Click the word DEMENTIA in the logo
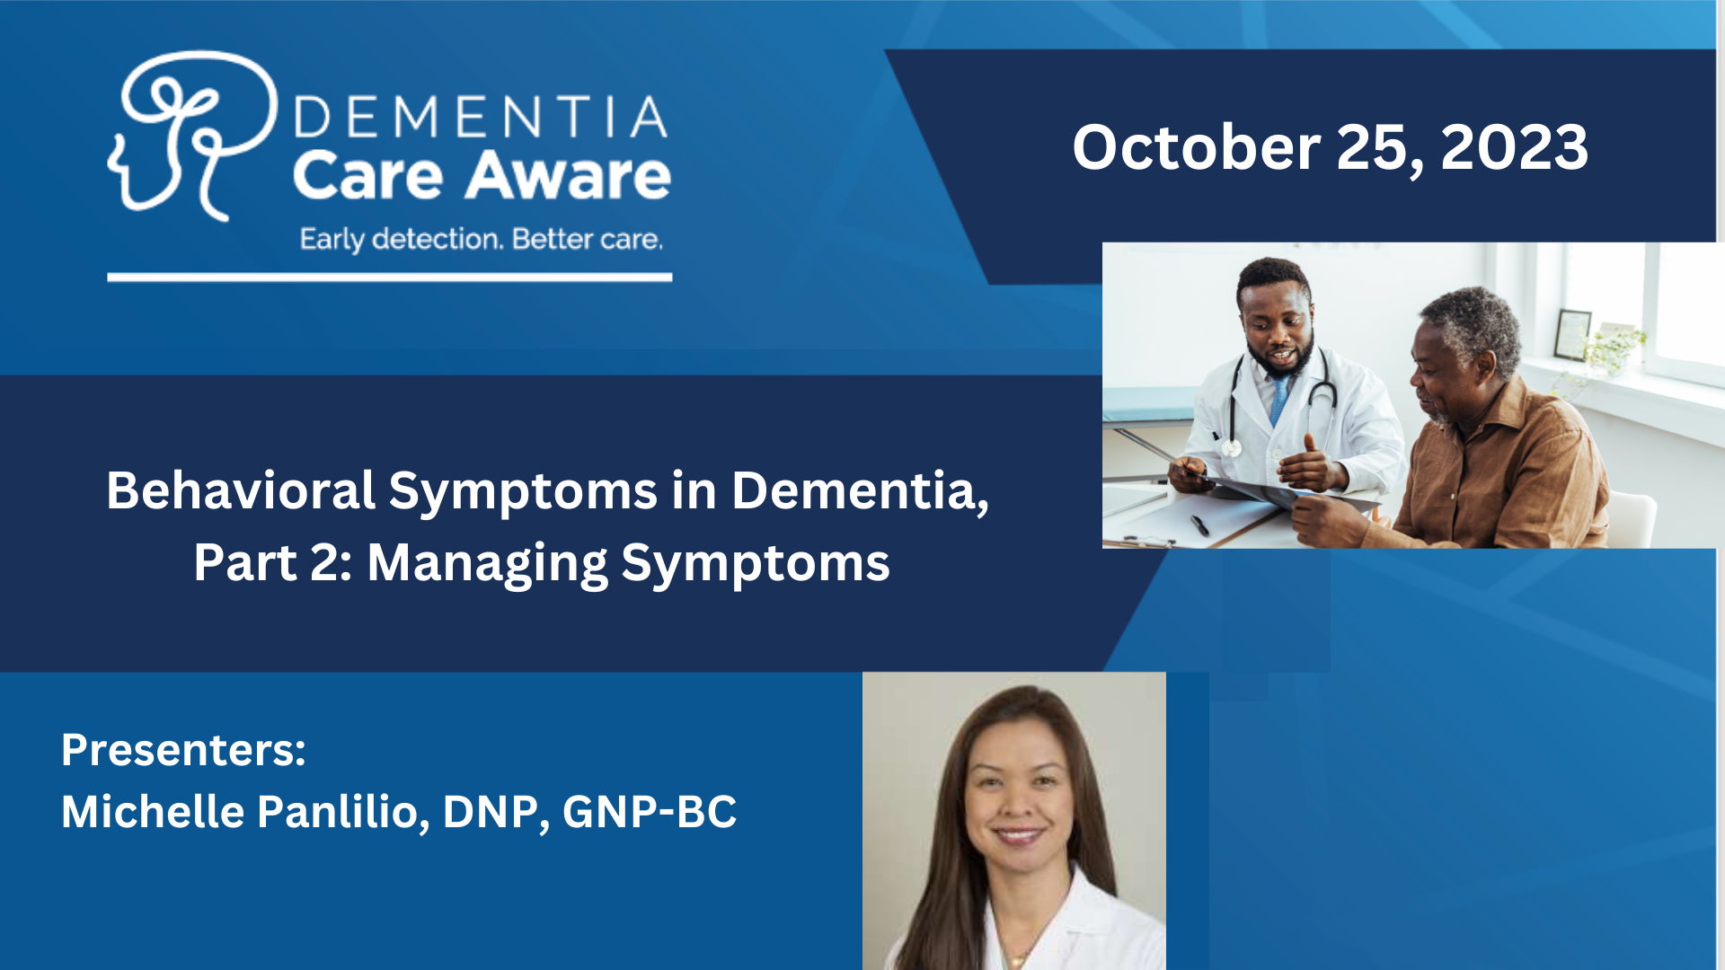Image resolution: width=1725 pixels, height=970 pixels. click(x=481, y=117)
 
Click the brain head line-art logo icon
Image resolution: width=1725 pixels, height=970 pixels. click(x=192, y=135)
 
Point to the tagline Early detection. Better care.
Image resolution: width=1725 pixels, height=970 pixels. click(x=482, y=240)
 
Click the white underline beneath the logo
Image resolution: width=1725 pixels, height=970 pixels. click(x=390, y=278)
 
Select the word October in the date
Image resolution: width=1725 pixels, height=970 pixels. click(x=1196, y=147)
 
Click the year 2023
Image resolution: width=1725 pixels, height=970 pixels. click(x=1515, y=147)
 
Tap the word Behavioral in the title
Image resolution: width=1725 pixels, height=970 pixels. click(x=241, y=490)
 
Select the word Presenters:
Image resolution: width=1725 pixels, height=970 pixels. click(x=183, y=750)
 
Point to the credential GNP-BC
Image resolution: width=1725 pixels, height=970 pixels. click(x=650, y=812)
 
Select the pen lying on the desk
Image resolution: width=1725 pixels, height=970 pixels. click(x=1199, y=525)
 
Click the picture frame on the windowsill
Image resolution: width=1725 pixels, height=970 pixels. click(x=1572, y=334)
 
